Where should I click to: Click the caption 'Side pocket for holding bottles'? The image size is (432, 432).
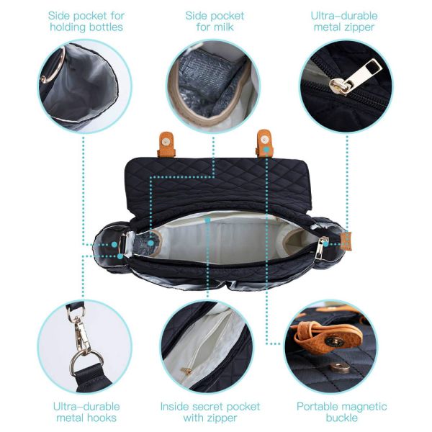(85, 21)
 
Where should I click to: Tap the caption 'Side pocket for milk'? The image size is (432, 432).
(215, 21)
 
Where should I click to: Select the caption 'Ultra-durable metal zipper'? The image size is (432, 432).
(344, 21)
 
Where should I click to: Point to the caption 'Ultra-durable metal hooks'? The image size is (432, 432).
(86, 412)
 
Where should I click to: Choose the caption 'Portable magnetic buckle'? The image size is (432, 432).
(342, 412)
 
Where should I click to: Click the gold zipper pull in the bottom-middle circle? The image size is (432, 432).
(187, 370)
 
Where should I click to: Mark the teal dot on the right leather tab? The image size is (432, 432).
(267, 148)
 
